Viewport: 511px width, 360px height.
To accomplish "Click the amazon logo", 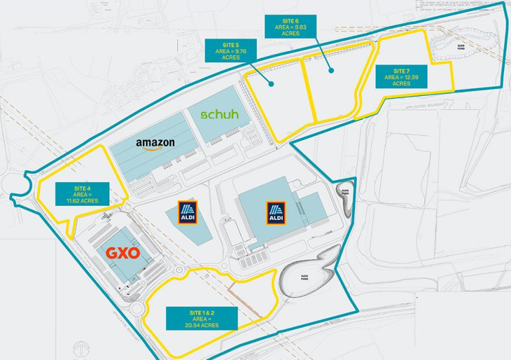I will [155, 143].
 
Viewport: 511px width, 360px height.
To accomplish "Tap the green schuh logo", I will [219, 115].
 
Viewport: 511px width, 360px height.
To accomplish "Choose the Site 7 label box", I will [402, 77].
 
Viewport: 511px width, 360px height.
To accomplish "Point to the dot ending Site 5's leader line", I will [272, 84].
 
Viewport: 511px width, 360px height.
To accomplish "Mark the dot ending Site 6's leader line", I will [330, 69].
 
